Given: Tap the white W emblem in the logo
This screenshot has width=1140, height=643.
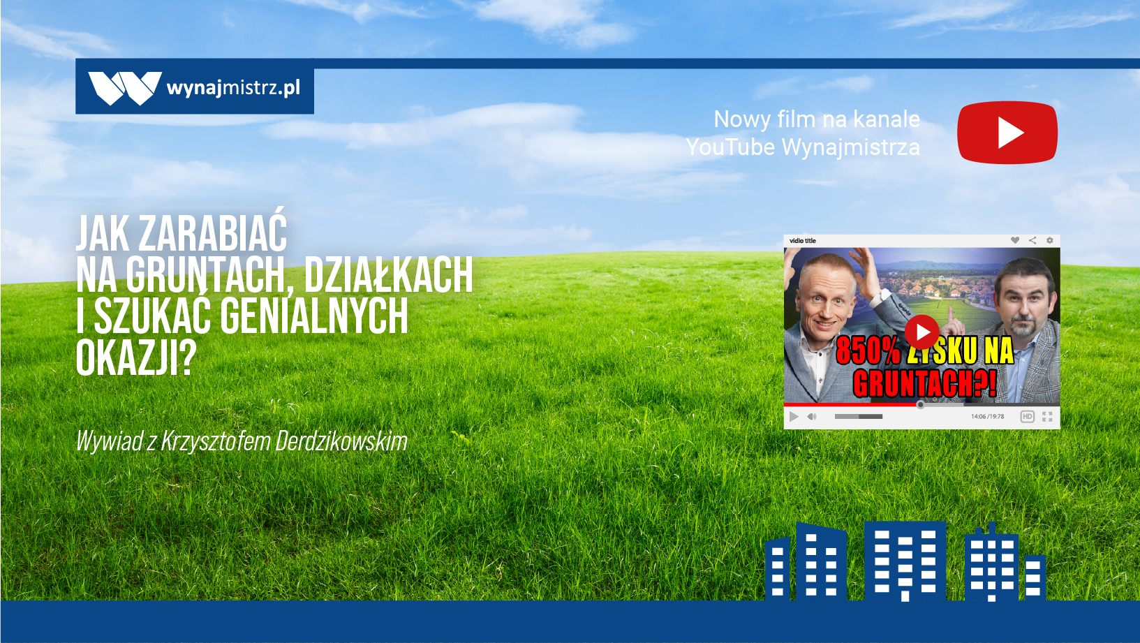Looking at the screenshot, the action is pos(125,88).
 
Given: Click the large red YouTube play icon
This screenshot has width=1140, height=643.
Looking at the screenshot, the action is pos(1007,133).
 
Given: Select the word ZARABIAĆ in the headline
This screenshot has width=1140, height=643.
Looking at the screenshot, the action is pos(213,233).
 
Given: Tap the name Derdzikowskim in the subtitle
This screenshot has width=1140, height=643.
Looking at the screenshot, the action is pos(341,441).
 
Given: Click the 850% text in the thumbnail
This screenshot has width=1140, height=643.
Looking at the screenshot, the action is pos(868,350).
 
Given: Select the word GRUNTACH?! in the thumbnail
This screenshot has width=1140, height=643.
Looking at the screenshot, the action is pos(925,383).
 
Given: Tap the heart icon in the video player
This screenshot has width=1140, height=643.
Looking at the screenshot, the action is pos(1015,240).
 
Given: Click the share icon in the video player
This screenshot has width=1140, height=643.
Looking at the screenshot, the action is pos(1032,240).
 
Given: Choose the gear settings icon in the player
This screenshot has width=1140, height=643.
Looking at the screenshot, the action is pos(1049,240).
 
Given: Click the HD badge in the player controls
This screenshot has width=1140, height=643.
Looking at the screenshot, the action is pos(1027,416).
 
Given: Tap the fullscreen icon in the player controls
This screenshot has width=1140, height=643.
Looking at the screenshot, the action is pos(1047,416).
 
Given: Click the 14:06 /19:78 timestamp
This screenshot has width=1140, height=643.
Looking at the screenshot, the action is pos(987,416).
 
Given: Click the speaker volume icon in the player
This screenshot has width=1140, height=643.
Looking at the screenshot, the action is pos(812,416).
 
